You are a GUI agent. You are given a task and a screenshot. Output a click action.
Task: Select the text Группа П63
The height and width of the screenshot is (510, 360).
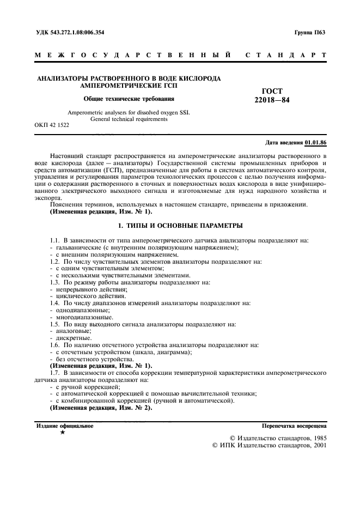[x=309, y=33]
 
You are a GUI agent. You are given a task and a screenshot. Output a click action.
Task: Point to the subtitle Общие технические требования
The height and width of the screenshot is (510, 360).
[x=129, y=99]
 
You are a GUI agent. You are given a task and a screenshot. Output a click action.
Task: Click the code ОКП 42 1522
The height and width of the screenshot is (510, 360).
[x=52, y=125]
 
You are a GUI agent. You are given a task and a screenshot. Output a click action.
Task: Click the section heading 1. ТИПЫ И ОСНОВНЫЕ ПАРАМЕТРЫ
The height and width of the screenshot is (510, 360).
[x=181, y=226]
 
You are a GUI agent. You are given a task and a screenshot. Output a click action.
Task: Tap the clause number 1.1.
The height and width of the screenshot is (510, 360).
[x=54, y=240]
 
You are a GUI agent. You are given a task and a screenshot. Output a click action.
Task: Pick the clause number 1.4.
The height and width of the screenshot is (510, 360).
[x=54, y=303]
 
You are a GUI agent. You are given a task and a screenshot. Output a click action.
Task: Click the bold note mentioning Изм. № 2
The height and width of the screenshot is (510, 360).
[x=101, y=408]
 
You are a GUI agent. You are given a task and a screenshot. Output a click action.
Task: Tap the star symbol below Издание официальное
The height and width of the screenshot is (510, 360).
[x=63, y=433]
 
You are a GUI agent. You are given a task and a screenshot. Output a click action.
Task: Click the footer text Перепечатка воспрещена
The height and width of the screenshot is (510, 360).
[x=294, y=426]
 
